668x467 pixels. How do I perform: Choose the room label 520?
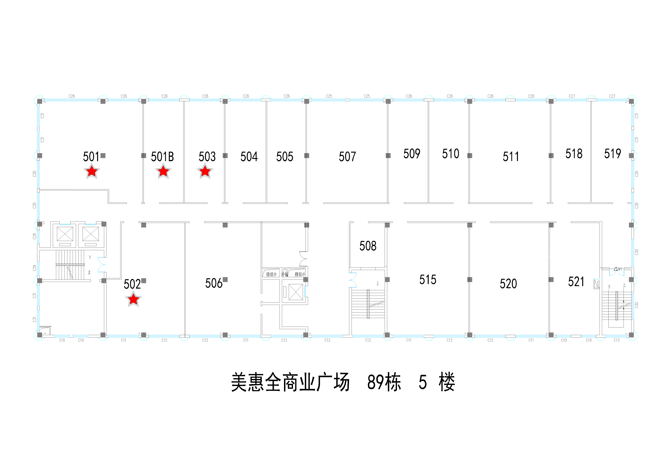[508, 284]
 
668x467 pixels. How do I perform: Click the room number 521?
[576, 282]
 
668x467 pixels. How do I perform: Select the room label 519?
[612, 154]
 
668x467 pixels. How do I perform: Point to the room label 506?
[214, 283]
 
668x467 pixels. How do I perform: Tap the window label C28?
[72, 96]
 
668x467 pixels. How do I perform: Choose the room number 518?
[574, 154]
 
